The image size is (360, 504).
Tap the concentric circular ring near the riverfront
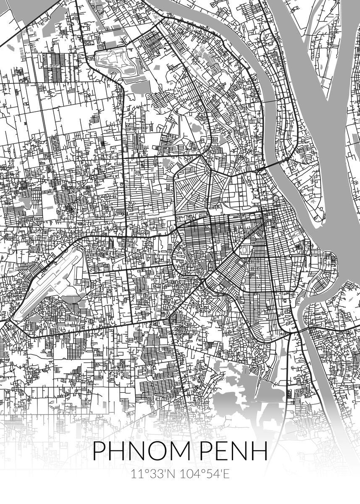point(276,197)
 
